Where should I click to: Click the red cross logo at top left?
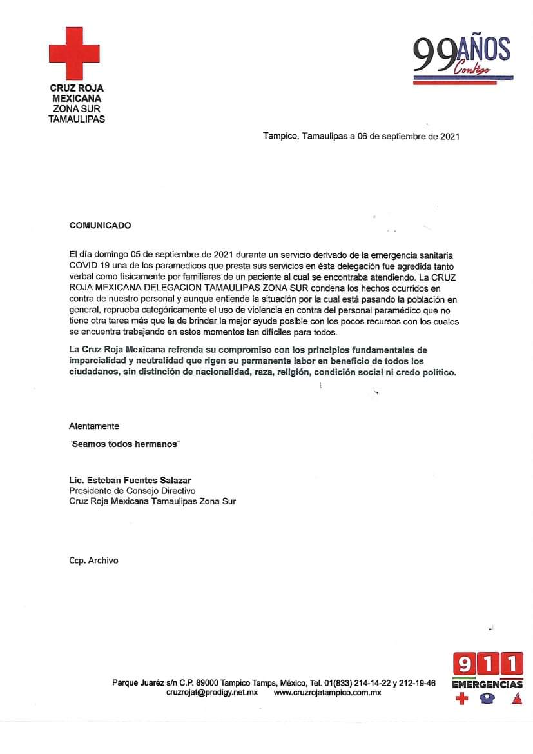coord(74,53)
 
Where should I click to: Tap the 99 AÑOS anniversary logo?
coord(462,59)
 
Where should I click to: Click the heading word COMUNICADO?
coord(100,226)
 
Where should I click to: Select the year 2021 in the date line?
coord(449,137)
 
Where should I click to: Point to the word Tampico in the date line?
coord(278,137)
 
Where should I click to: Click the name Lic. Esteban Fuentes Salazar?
coord(130,481)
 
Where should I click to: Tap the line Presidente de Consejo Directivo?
coord(132,491)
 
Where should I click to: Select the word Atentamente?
coord(94,426)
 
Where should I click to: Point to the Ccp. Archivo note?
coord(94,561)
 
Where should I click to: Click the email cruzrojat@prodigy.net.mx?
coord(212,693)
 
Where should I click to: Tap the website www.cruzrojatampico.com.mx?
coord(327,693)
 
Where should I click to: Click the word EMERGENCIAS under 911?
coord(487,684)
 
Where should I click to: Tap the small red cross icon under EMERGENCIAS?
coord(461,699)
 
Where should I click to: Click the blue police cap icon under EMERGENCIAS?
coord(487,699)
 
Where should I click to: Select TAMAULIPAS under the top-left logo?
coord(77,119)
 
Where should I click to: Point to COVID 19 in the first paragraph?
coord(90,265)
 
